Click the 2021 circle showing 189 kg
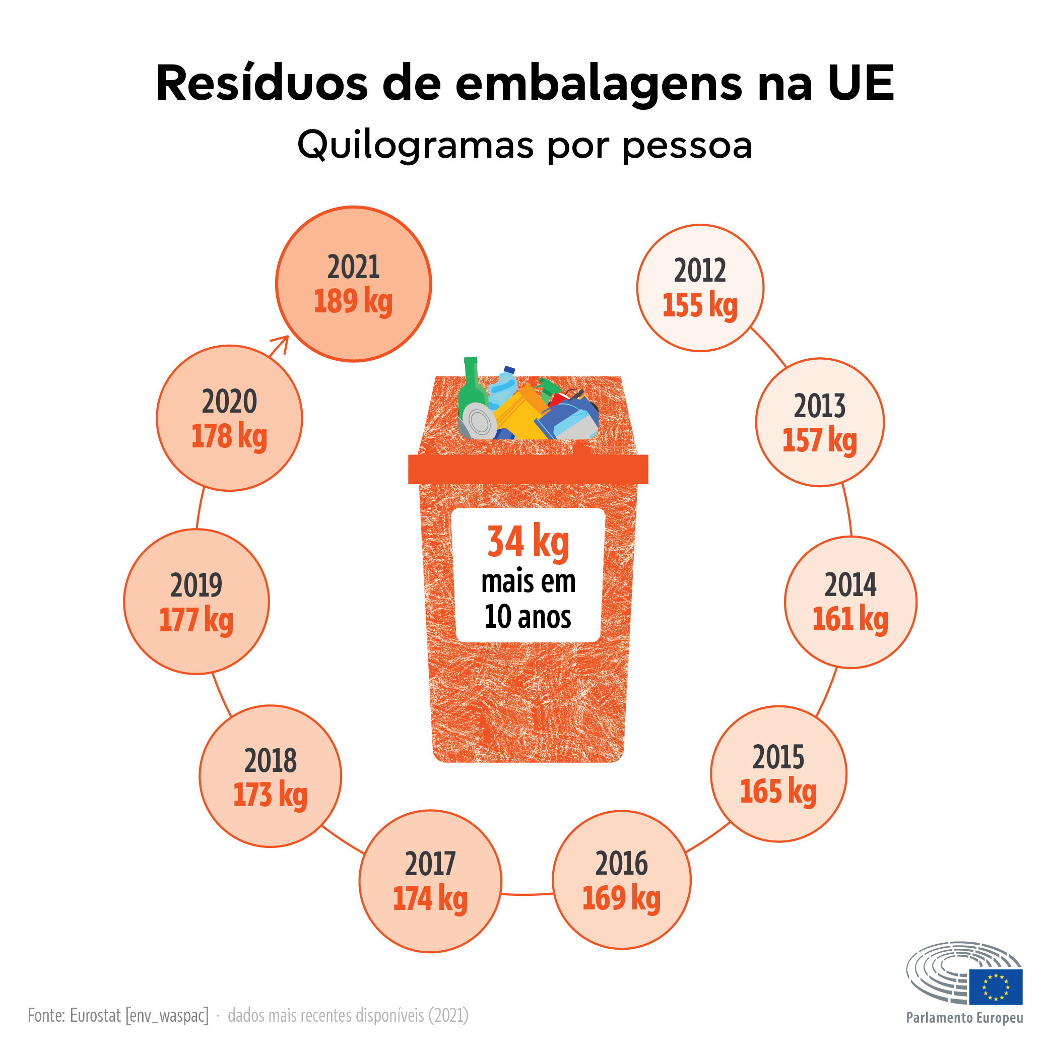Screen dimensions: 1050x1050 coord(353,284)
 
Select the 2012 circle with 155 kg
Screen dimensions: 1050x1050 coord(700,288)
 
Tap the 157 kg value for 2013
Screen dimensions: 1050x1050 coord(820,440)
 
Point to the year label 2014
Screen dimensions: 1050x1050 coord(850,585)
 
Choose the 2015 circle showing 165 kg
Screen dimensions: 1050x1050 coord(778,774)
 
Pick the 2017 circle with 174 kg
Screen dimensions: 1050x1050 coord(430,881)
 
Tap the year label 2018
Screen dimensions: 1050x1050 coord(270,761)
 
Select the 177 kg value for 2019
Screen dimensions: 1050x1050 coord(196,621)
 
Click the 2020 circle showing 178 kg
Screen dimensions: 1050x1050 coord(229,419)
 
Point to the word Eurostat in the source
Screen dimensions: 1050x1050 coord(95,1015)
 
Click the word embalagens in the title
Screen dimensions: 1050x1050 coord(599,84)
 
